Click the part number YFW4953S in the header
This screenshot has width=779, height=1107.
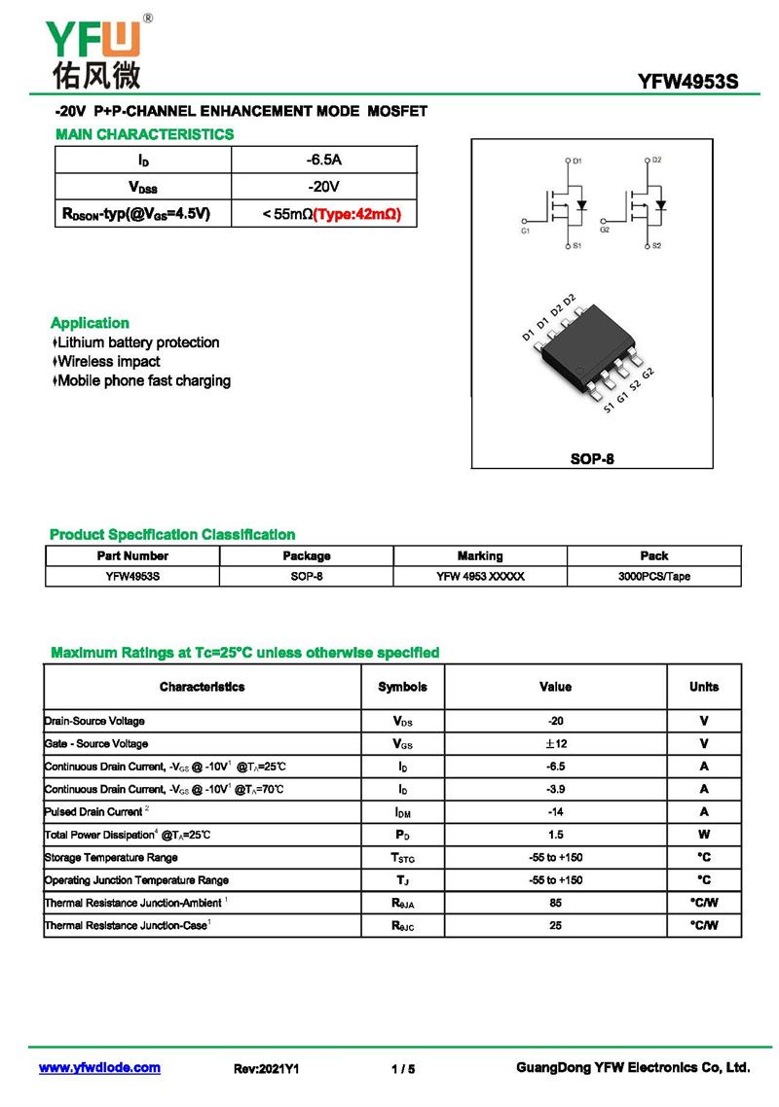tap(688, 83)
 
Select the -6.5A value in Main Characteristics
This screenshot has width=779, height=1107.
tap(323, 159)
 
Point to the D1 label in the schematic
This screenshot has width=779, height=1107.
tap(576, 161)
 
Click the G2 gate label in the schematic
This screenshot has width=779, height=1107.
tap(605, 231)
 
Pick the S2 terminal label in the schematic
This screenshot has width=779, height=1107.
tap(656, 246)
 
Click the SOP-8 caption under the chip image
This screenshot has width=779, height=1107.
tap(592, 458)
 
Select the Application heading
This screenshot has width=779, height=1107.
tap(90, 323)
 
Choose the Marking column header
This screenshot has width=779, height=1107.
tap(480, 556)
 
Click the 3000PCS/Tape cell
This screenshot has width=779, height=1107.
tap(654, 577)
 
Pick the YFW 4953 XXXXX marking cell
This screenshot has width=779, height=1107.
tap(480, 577)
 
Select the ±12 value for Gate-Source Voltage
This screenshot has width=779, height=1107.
tap(555, 744)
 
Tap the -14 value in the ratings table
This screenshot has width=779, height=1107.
tap(555, 812)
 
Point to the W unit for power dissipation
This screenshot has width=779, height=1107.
tap(704, 835)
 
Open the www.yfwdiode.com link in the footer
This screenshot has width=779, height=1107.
tap(99, 1068)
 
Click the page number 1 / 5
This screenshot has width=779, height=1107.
tap(403, 1069)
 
